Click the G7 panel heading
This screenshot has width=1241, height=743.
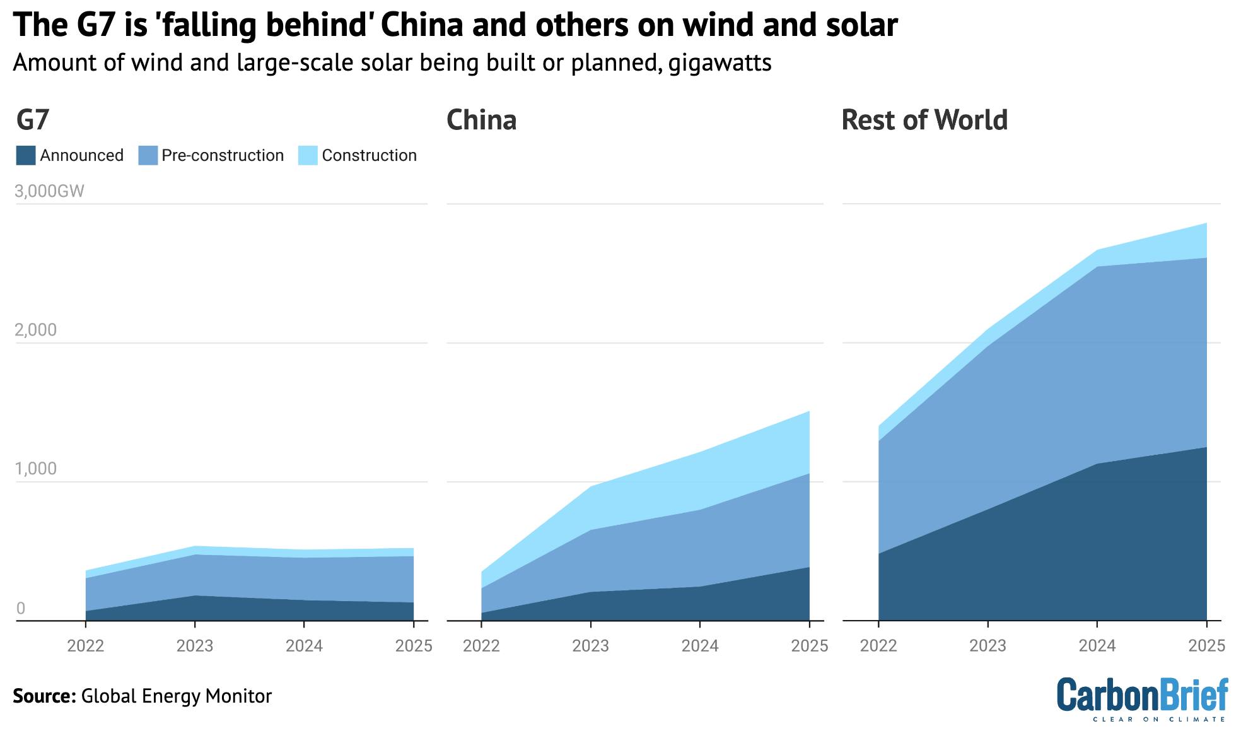[33, 120]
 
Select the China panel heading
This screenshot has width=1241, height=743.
[481, 120]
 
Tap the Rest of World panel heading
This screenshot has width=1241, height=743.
[924, 120]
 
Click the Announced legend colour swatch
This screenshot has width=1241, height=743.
[26, 156]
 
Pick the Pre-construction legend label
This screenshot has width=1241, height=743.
[223, 156]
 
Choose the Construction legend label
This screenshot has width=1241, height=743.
[369, 156]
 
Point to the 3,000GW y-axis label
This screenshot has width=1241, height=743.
[49, 191]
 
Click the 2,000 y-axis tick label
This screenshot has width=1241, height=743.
[35, 330]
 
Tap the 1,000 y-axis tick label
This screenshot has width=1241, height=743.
[35, 469]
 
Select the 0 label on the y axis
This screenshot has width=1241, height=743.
[21, 608]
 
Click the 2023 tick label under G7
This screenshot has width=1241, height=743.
[195, 646]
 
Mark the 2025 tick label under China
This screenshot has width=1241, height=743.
[809, 646]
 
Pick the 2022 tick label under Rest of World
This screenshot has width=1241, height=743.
[878, 646]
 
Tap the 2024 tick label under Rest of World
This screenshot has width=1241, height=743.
[1097, 646]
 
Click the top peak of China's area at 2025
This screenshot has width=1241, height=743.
[808, 412]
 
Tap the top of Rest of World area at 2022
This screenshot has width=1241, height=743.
[879, 427]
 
